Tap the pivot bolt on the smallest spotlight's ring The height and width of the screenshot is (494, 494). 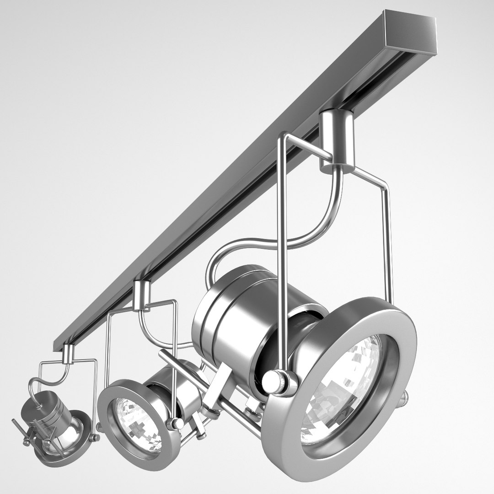[x=96, y=438]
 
